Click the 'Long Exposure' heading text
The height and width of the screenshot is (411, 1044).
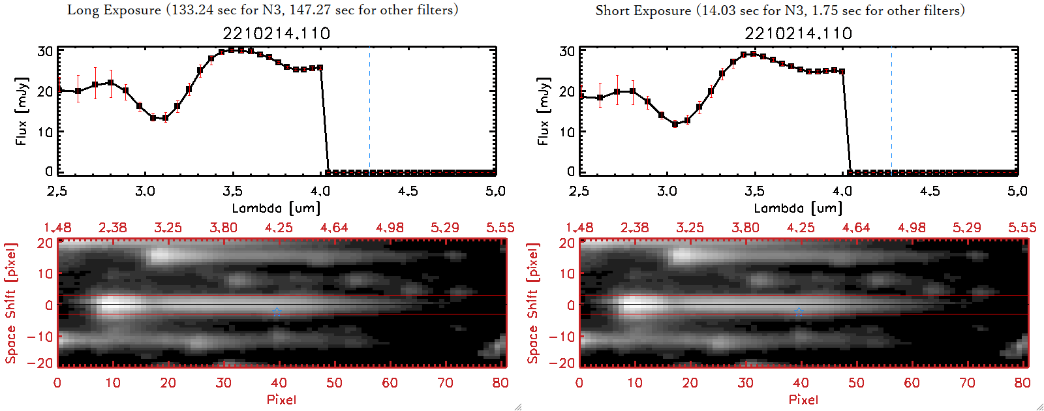pos(114,10)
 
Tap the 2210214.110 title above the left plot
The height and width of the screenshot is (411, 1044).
pos(276,33)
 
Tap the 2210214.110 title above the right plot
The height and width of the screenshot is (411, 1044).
pos(798,33)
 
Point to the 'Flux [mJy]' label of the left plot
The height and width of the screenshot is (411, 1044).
pos(22,112)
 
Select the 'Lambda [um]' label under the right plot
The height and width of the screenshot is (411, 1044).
pos(797,208)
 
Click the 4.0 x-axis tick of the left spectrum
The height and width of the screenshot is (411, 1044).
pos(320,191)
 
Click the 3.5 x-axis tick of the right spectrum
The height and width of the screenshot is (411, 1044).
pos(754,191)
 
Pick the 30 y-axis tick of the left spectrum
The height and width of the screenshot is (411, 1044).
pos(45,51)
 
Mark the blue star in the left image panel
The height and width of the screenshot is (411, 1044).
pos(277,312)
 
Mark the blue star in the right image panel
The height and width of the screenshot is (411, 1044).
pos(799,312)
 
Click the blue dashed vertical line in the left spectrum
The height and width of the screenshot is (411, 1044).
pos(370,111)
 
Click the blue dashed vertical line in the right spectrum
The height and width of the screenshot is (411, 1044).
pos(892,111)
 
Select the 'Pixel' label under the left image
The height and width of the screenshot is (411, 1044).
pos(281,399)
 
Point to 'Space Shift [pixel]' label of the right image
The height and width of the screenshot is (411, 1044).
pos(533,303)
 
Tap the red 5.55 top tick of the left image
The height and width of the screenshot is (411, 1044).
pos(500,228)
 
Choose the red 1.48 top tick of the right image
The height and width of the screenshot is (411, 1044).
pos(579,228)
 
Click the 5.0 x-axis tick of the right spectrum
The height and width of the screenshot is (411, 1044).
pos(1017,191)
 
